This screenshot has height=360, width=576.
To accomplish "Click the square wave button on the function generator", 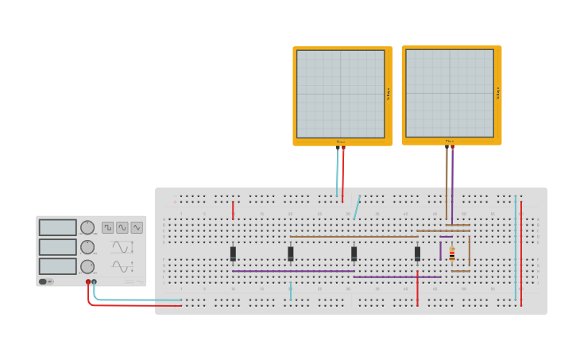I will coord(107,227).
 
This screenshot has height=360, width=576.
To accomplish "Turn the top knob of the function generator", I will coord(87,227).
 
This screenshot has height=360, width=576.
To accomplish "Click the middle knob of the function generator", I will coord(87,247).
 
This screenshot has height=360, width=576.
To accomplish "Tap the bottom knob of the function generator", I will coord(87,267).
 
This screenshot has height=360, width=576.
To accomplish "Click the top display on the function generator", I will coord(58,227).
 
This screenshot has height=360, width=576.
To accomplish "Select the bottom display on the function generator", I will coord(58,266).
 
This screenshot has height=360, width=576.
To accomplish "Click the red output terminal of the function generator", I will coord(88,281).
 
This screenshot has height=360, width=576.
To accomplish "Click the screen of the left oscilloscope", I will coord(341,94).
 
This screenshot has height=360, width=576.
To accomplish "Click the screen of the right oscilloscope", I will coord(450,94).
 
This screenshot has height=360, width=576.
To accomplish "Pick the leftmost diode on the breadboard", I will coord(233,254).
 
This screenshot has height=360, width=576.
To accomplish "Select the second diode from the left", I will coord(291,254).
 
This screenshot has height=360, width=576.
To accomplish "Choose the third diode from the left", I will coord(354,254).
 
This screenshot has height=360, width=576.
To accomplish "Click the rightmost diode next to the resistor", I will coord(417,254).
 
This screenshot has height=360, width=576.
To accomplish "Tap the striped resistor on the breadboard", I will coord(452,254).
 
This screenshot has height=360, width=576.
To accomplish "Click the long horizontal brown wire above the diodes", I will coord(354,236).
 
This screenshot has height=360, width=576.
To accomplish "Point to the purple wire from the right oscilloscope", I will coord(452,183).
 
